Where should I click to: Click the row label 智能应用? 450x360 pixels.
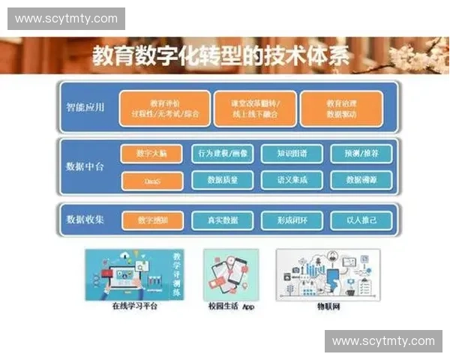(85, 107)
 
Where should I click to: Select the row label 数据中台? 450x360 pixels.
(85, 166)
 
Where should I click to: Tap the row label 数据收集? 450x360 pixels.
(85, 220)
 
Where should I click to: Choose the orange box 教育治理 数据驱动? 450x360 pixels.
(341, 109)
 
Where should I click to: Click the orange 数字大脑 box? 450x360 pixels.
(151, 154)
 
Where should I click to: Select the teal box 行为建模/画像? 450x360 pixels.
(223, 154)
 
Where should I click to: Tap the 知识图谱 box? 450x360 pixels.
(291, 154)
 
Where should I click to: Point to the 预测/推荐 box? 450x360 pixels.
(361, 154)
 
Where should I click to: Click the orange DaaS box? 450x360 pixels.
(151, 181)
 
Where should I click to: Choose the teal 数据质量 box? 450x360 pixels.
(223, 181)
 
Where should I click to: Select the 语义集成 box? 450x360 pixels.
(291, 181)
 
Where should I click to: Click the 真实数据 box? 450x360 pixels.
(223, 220)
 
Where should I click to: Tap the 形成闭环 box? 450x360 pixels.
(291, 220)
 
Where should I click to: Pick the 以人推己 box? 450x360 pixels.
(361, 220)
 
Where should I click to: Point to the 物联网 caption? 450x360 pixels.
(328, 307)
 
